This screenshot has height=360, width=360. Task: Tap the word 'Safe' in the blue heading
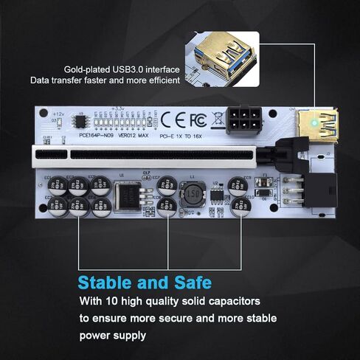(191, 283)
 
